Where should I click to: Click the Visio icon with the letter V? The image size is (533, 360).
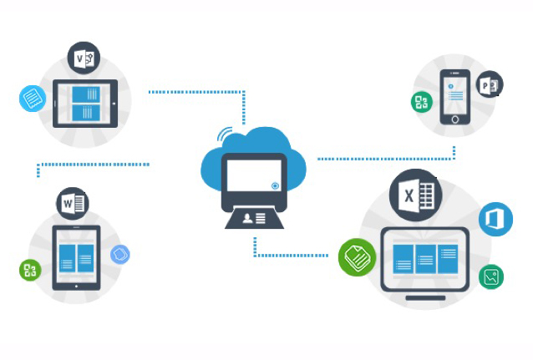click(84, 58)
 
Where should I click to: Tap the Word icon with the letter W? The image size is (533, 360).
click(73, 203)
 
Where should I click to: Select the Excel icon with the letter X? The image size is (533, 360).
click(415, 195)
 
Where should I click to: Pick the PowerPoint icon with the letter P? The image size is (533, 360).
click(490, 84)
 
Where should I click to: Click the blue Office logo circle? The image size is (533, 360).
click(495, 220)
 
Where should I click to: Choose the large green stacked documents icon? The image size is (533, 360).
click(358, 257)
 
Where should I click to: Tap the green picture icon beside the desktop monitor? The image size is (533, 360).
click(491, 276)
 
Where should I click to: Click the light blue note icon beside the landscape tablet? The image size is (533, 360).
click(33, 99)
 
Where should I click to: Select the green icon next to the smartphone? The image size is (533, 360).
click(422, 102)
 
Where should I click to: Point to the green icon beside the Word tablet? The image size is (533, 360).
click(30, 270)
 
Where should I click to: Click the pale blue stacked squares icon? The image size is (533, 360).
click(120, 254)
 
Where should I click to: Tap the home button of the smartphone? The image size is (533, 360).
click(455, 119)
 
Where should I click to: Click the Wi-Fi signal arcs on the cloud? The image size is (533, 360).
click(225, 134)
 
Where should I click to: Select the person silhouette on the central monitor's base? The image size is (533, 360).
click(247, 218)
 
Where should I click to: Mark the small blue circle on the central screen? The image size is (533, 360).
click(275, 185)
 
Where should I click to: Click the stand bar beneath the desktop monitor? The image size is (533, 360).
click(425, 298)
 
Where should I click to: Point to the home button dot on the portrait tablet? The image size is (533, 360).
click(76, 286)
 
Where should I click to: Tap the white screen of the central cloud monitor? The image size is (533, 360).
click(254, 175)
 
